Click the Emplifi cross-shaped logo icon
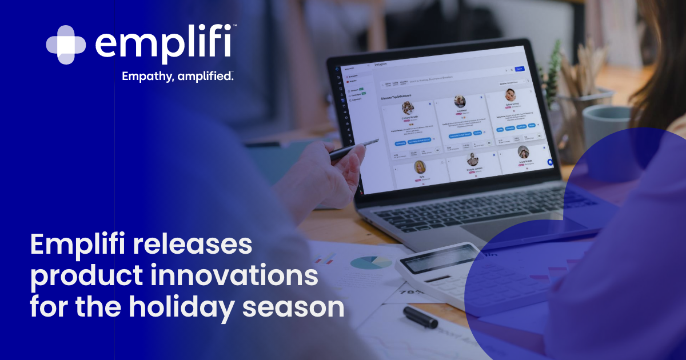(66, 45)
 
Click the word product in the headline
(81, 277)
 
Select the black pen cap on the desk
(420, 317)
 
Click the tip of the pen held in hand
(378, 140)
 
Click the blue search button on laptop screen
(520, 69)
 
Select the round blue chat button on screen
(551, 162)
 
